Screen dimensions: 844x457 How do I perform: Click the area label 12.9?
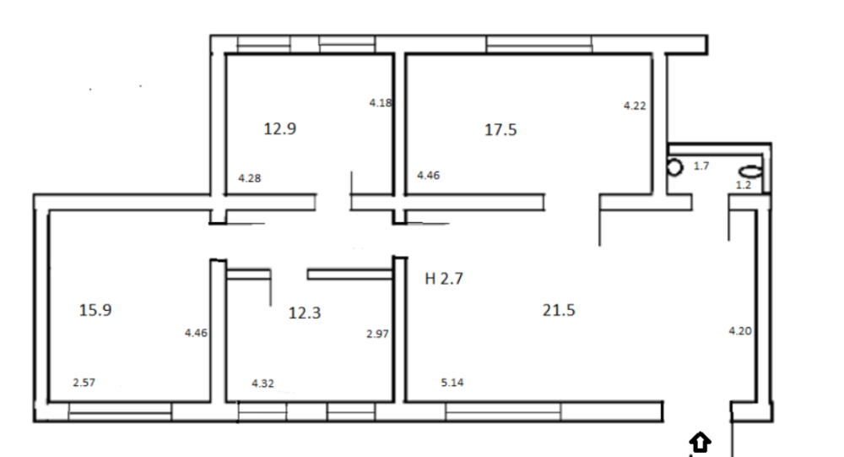[280, 128]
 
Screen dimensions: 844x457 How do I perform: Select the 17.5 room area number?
[500, 130]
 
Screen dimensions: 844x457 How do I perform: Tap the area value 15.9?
[95, 310]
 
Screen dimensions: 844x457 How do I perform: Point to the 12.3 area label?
[305, 313]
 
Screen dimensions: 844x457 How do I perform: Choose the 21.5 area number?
[559, 310]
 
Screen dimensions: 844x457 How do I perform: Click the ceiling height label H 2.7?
[444, 279]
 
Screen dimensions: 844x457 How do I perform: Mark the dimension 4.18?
[381, 102]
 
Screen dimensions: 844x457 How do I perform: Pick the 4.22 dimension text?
[635, 106]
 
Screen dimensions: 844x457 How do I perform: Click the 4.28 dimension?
[250, 178]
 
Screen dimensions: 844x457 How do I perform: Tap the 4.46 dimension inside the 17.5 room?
[429, 175]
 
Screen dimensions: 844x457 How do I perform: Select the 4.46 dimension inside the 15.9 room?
[196, 333]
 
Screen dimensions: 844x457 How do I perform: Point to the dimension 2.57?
[84, 383]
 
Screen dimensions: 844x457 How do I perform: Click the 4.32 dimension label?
[262, 384]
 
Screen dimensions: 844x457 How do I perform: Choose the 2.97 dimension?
[377, 335]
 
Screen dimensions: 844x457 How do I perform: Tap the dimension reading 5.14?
[452, 383]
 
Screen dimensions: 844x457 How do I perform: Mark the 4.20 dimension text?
[740, 331]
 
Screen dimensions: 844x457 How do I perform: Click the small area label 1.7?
[701, 166]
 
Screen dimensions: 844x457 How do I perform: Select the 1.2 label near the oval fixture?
[744, 185]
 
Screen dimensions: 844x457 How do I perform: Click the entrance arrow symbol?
[701, 443]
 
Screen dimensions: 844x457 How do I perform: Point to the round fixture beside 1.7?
[674, 167]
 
